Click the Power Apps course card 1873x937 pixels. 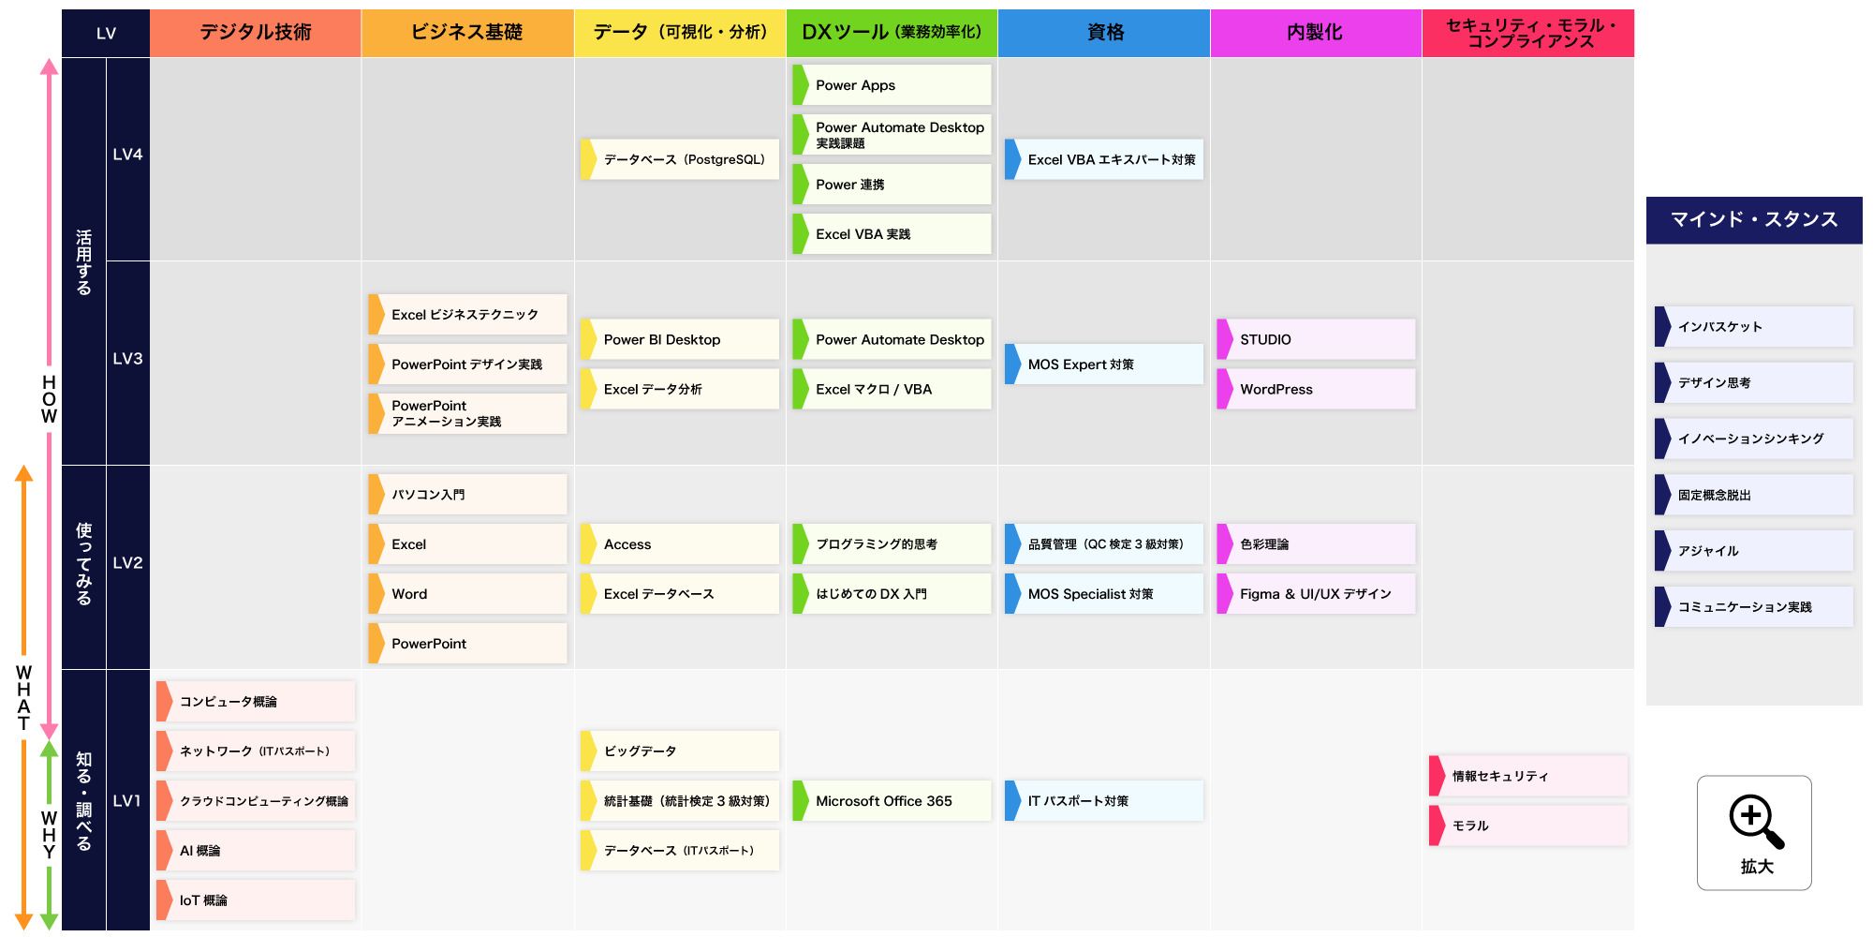pyautogui.click(x=892, y=85)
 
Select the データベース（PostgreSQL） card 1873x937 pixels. pyautogui.click(x=680, y=159)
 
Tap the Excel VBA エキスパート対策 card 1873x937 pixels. pyautogui.click(x=1104, y=159)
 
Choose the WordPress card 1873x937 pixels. pyautogui.click(x=1316, y=389)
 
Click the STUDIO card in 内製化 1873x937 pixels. pyautogui.click(x=1316, y=339)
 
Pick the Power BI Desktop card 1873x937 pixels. pyautogui.click(x=680, y=339)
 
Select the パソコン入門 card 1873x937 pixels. pyautogui.click(x=467, y=494)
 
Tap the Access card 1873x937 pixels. pyautogui.click(x=680, y=543)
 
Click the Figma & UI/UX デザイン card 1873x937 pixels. pyautogui.click(x=1316, y=593)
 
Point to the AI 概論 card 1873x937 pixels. pyautogui.click(x=256, y=850)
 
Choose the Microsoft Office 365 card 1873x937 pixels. pyautogui.click(x=892, y=800)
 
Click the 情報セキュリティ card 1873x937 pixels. pyautogui.click(x=1528, y=776)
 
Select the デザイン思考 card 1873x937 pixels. pyautogui.click(x=1754, y=382)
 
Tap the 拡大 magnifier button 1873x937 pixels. pyautogui.click(x=1754, y=832)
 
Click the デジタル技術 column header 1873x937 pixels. pyautogui.click(x=256, y=33)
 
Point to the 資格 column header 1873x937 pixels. pyautogui.click(x=1104, y=33)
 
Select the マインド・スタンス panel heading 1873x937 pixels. pyautogui.click(x=1754, y=220)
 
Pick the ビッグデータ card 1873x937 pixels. pyautogui.click(x=680, y=751)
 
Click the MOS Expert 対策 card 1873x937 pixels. pyautogui.click(x=1104, y=364)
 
